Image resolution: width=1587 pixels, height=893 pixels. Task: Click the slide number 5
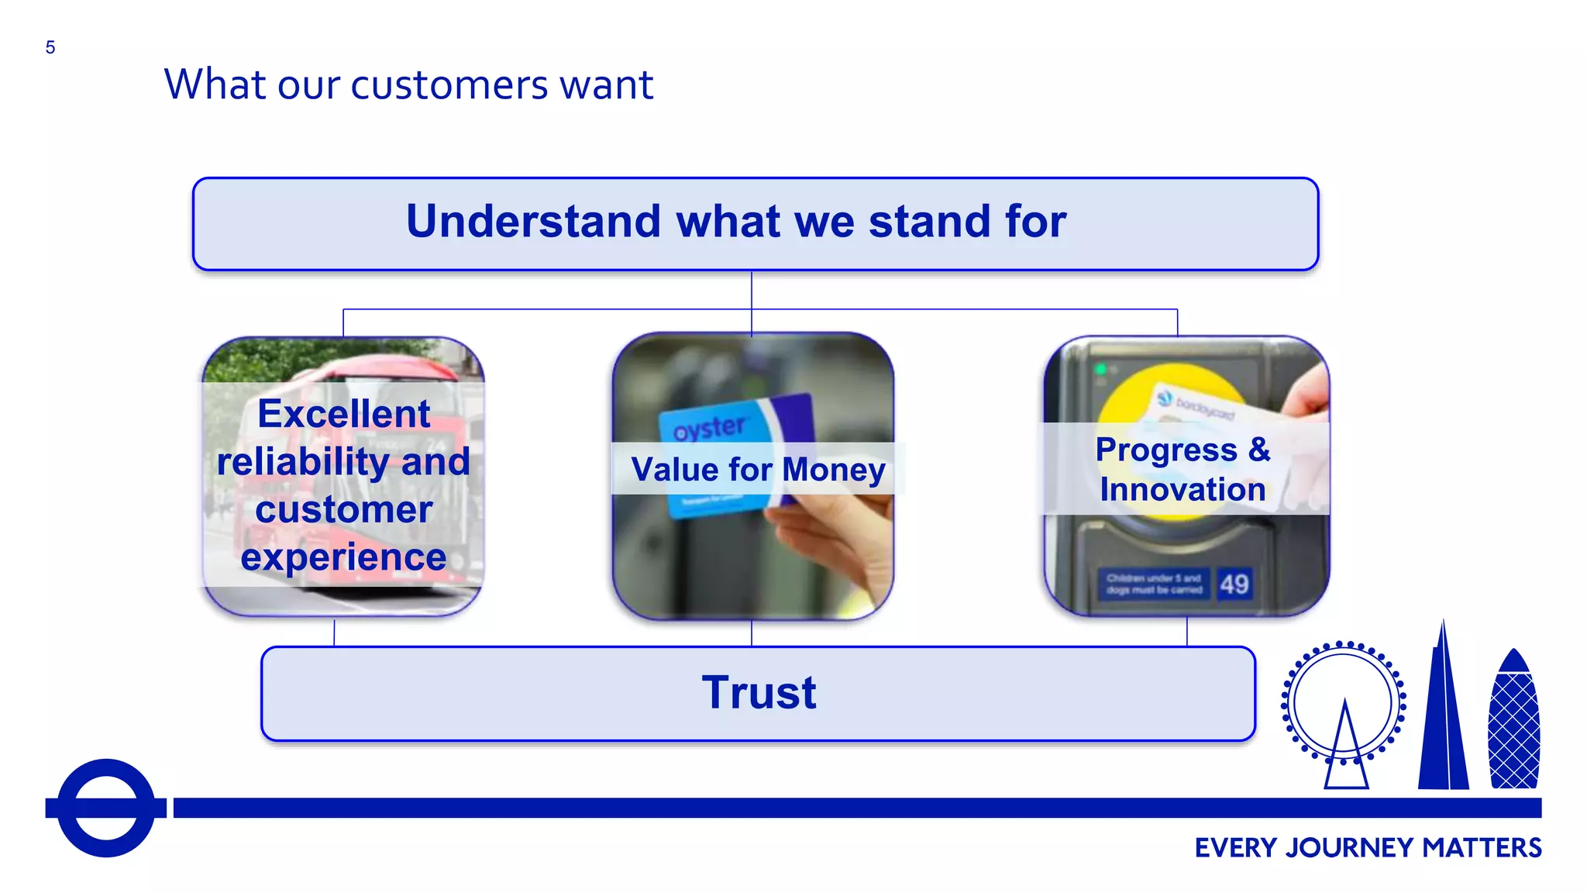50,48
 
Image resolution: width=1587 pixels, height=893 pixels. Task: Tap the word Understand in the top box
535,222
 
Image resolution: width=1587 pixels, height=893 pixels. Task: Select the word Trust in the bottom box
759,692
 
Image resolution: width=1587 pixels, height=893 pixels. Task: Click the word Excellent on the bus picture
343,414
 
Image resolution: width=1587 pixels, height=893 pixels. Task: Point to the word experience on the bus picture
343,557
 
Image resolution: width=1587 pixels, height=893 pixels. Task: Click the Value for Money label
757,470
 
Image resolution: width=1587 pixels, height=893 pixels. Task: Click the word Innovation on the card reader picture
1183,490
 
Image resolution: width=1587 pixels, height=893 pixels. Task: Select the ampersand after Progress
1259,450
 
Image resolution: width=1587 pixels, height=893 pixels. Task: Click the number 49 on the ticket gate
1234,584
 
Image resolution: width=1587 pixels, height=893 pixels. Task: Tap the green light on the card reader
1100,370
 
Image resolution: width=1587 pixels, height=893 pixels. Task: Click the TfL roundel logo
106,808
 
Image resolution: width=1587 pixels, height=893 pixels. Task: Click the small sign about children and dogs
1153,584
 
